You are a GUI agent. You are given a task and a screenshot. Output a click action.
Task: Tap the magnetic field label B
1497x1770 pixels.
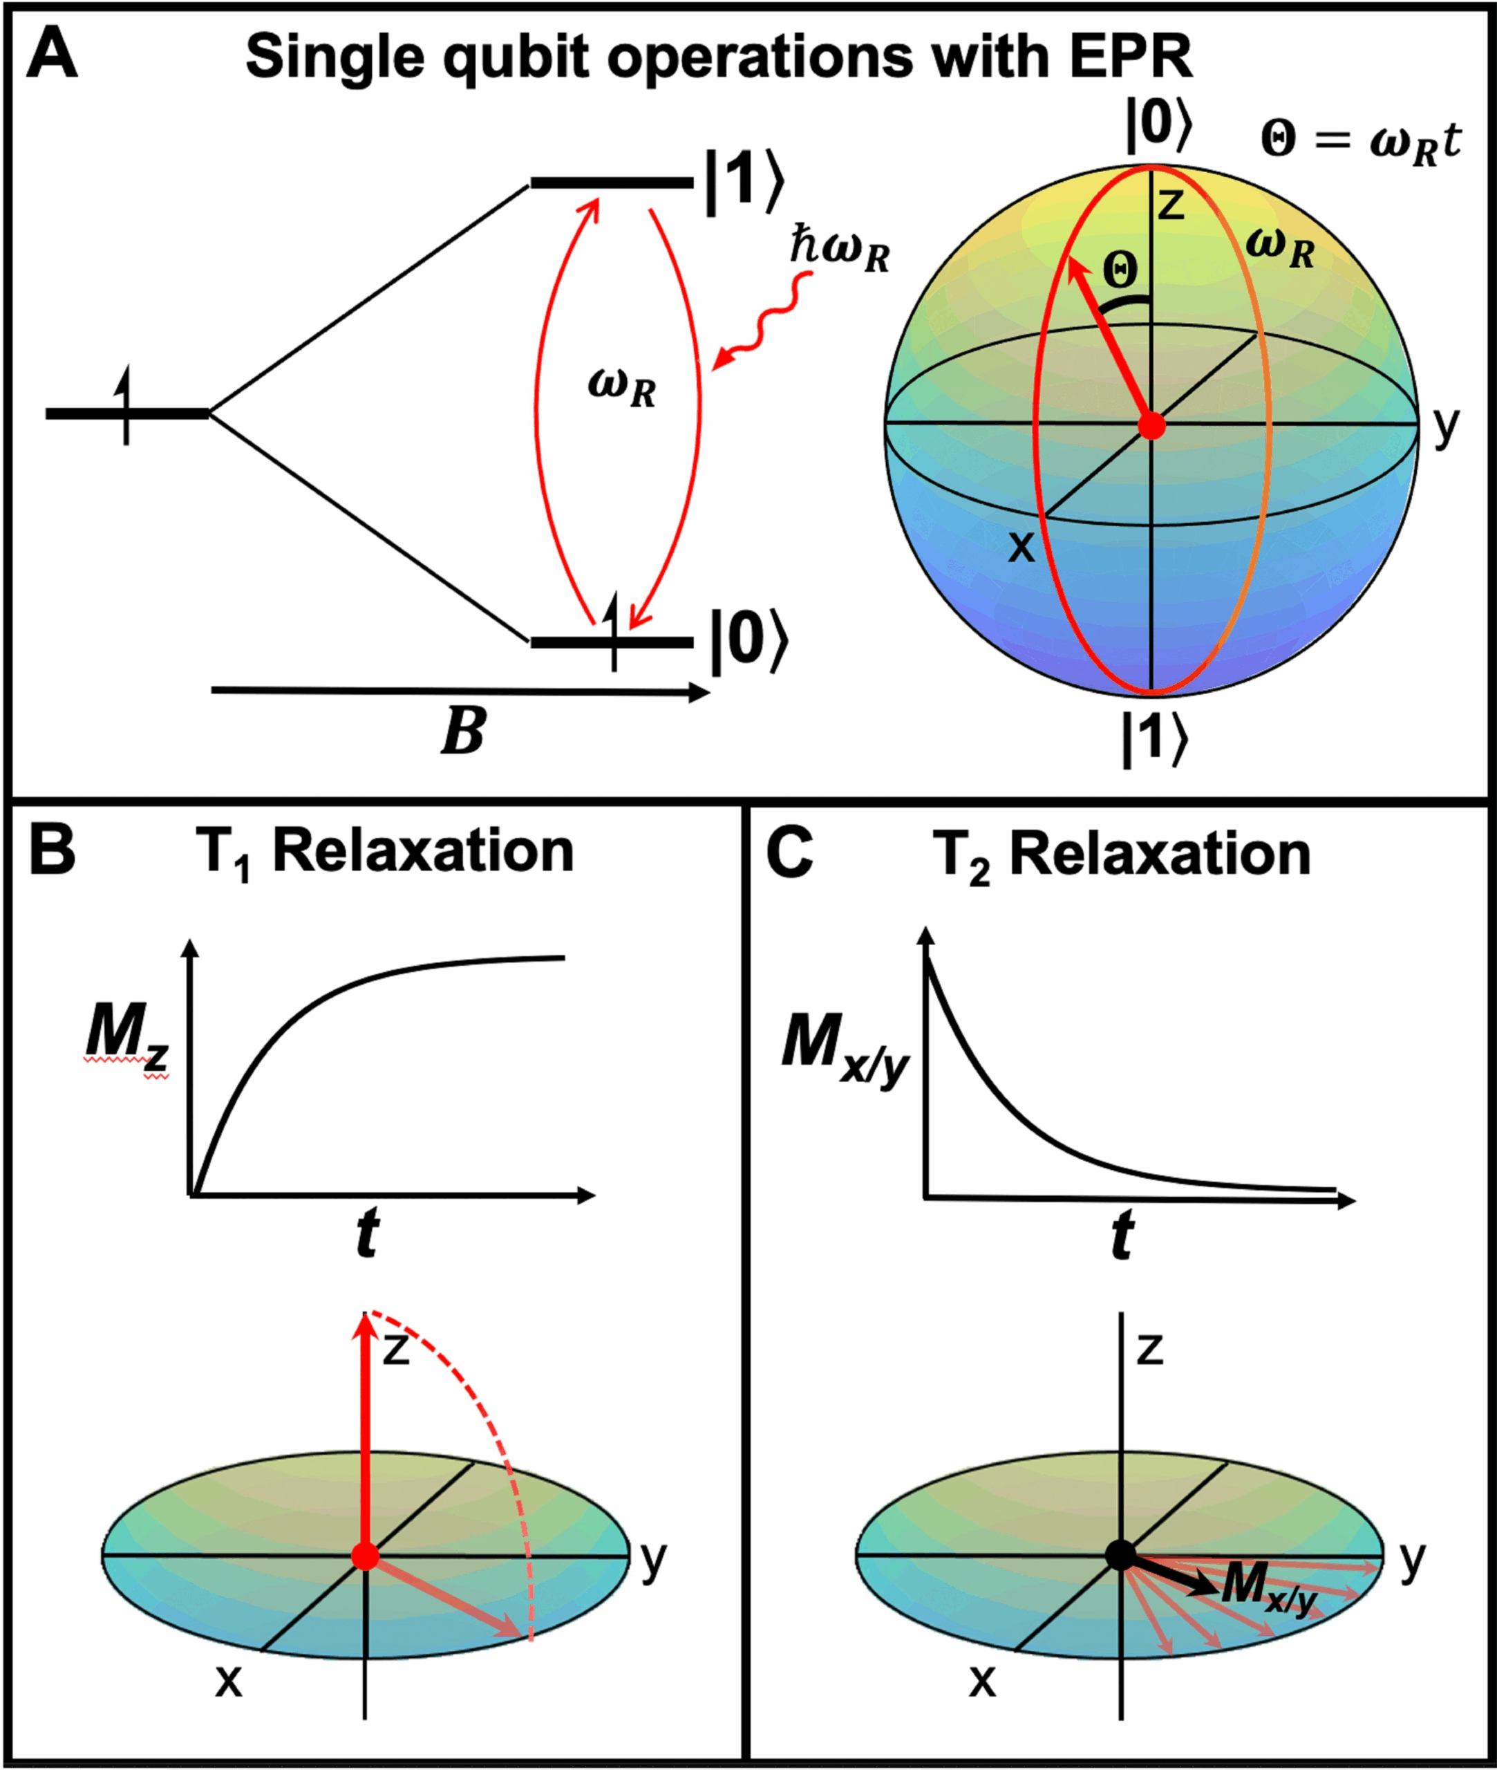point(463,730)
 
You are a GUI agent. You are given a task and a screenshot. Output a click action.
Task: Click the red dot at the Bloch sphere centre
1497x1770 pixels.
point(1151,425)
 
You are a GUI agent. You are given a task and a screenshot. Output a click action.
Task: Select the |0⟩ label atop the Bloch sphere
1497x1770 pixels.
point(1159,126)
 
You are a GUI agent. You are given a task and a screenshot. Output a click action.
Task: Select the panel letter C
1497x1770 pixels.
point(789,853)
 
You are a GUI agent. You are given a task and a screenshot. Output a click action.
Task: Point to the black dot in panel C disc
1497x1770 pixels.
point(1120,1556)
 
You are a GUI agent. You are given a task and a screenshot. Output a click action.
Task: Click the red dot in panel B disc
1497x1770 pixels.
point(365,1556)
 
